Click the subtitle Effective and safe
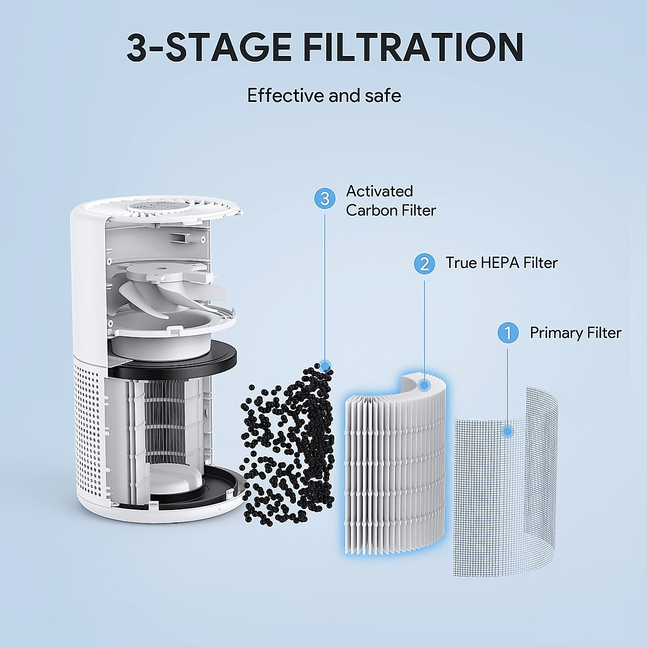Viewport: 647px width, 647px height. coord(324,96)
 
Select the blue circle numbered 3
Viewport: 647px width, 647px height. coord(325,198)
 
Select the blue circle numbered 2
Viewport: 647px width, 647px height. coord(424,264)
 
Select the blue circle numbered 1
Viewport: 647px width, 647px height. coord(507,333)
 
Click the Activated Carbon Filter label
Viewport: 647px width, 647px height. coord(390,201)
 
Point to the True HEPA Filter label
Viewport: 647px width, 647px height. coord(501,263)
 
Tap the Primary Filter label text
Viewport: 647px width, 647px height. coord(575,333)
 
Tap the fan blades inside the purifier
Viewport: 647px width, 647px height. coord(156,291)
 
